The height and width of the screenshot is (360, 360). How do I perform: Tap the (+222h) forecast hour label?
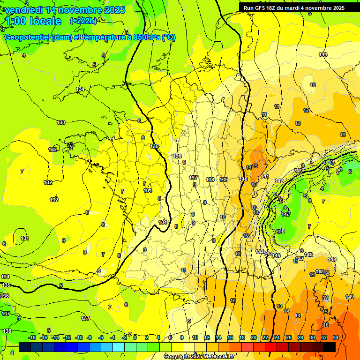point(83,21)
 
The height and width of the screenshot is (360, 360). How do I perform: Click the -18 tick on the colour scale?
point(32,337)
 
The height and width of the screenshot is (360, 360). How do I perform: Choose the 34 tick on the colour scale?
point(336,337)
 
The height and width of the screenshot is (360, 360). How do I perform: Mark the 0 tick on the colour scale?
point(135,337)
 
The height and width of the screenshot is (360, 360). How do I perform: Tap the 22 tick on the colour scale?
point(265,337)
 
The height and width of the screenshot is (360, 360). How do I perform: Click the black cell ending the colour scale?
point(330,347)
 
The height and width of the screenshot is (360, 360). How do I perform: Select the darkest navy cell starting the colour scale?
point(25,347)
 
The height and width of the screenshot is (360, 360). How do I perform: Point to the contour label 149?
point(350,297)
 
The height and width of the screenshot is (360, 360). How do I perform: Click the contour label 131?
point(25,238)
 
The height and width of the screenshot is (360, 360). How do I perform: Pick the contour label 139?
point(224,180)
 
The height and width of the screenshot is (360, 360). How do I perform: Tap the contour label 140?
point(243,179)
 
